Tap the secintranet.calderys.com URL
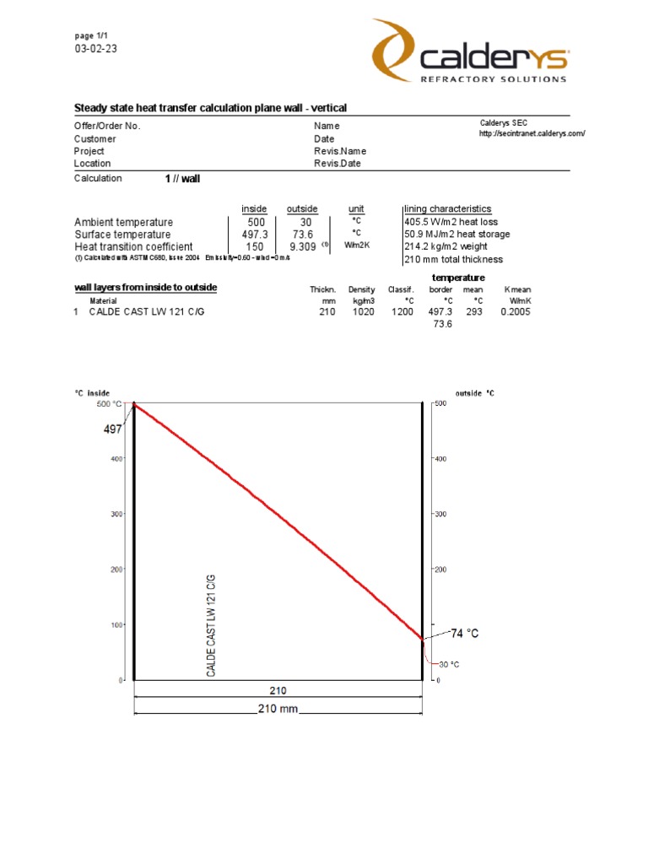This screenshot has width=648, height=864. coord(532,134)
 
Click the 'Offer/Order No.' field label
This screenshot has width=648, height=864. coord(107,126)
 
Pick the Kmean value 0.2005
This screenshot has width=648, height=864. coord(516,312)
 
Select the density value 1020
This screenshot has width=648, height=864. coord(362,312)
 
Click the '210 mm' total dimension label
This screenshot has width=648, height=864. coord(278,710)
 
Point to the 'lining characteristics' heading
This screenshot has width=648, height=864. coord(447,208)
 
